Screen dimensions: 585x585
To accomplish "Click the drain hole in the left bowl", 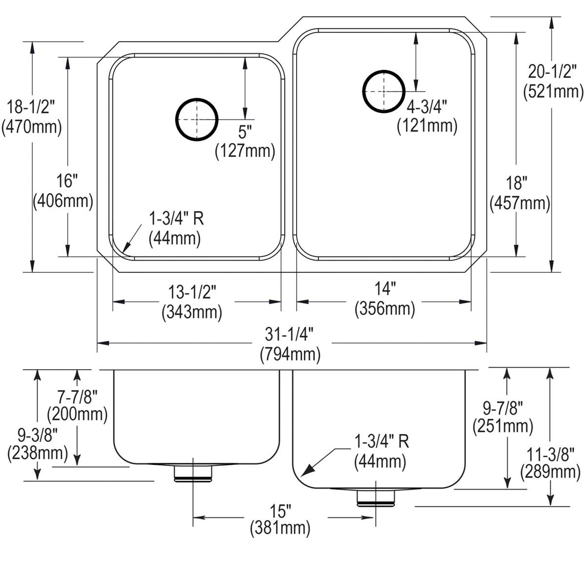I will pyautogui.click(x=196, y=119).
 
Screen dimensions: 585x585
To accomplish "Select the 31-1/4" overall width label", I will pyautogui.click(x=290, y=335).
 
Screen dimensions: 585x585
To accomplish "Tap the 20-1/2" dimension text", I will pyautogui.click(x=553, y=72).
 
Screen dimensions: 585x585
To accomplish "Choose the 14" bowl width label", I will pyautogui.click(x=384, y=289).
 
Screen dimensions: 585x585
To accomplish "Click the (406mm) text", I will pyautogui.click(x=63, y=201).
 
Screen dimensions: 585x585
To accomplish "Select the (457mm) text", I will pyautogui.click(x=520, y=203).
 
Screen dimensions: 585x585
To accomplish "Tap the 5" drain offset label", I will pyautogui.click(x=245, y=133).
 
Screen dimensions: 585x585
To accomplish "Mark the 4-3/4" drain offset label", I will pyautogui.click(x=427, y=106).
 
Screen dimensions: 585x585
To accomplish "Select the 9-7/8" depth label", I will pyautogui.click(x=503, y=406).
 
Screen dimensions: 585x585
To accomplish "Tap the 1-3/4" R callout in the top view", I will pyautogui.click(x=176, y=219).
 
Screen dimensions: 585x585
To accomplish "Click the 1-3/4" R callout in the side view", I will pyautogui.click(x=381, y=442).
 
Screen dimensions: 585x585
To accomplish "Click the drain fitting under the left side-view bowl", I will pyautogui.click(x=193, y=473).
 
